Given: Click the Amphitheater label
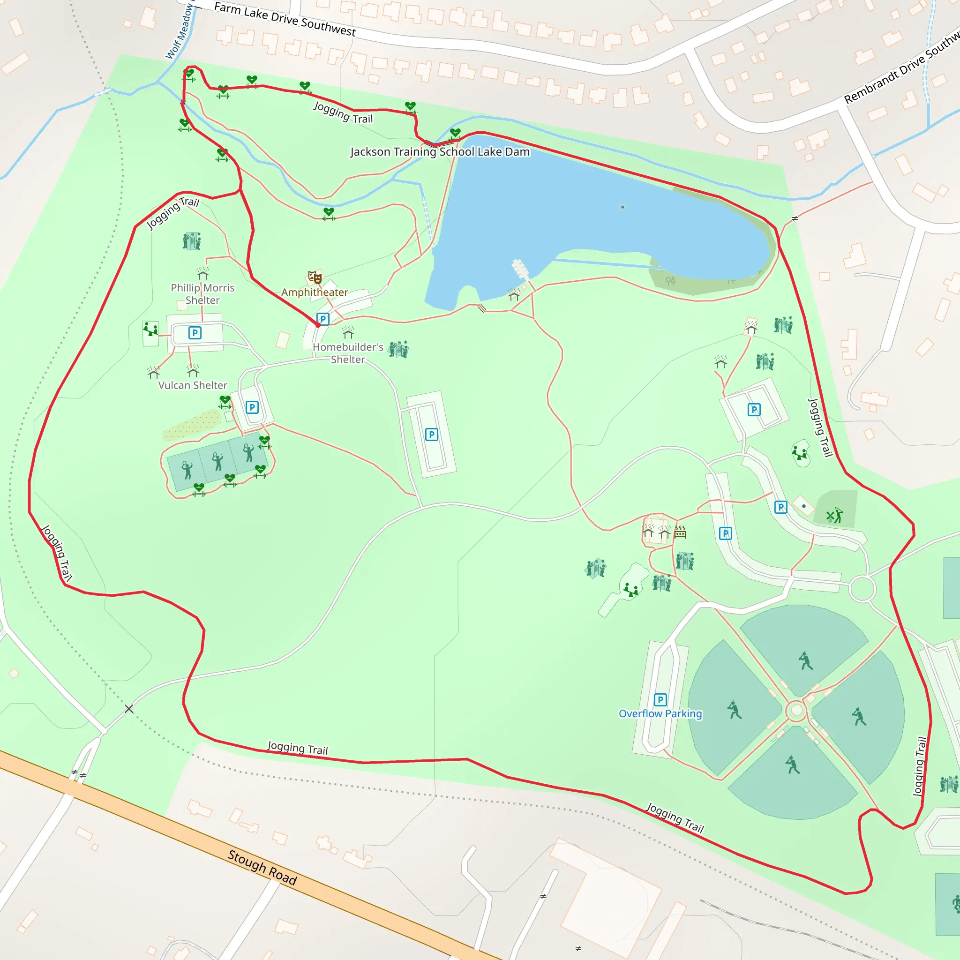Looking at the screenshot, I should (x=315, y=292).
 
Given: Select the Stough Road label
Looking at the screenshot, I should (x=262, y=867).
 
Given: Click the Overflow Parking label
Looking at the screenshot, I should (x=660, y=713).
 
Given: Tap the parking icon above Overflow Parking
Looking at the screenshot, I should (x=660, y=700).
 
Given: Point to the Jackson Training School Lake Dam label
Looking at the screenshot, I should (x=440, y=151).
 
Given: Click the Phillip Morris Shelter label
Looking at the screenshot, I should (x=202, y=293).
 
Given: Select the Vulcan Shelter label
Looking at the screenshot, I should (x=193, y=385).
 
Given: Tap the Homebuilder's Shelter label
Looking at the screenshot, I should (x=348, y=353).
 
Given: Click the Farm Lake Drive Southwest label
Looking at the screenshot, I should (x=285, y=19).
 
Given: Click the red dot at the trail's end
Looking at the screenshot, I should (x=318, y=325).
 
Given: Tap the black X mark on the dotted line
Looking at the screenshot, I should (x=129, y=709).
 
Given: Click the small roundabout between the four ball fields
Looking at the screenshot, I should (x=796, y=711).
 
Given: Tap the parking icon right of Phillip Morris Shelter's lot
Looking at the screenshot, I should (x=195, y=332).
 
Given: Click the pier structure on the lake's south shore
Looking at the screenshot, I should (x=520, y=269).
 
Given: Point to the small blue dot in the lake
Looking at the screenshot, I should (x=622, y=207).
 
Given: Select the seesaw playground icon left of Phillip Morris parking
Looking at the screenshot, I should (x=150, y=329).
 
